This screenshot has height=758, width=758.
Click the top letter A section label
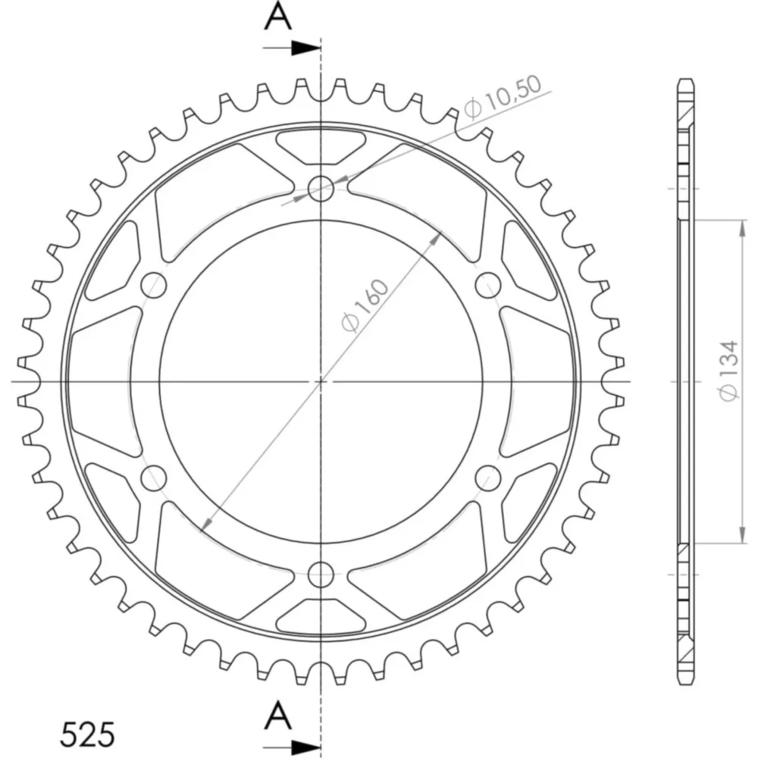(278, 17)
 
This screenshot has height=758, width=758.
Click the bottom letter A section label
(278, 716)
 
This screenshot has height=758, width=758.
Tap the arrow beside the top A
(292, 48)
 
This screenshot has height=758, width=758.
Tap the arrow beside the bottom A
(292, 746)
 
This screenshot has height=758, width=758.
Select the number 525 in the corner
(87, 735)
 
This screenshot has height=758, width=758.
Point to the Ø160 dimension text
(365, 305)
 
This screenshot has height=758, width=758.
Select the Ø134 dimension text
(729, 371)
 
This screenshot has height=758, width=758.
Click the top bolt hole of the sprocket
(321, 188)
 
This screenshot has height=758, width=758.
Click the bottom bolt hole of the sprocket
(321, 574)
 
